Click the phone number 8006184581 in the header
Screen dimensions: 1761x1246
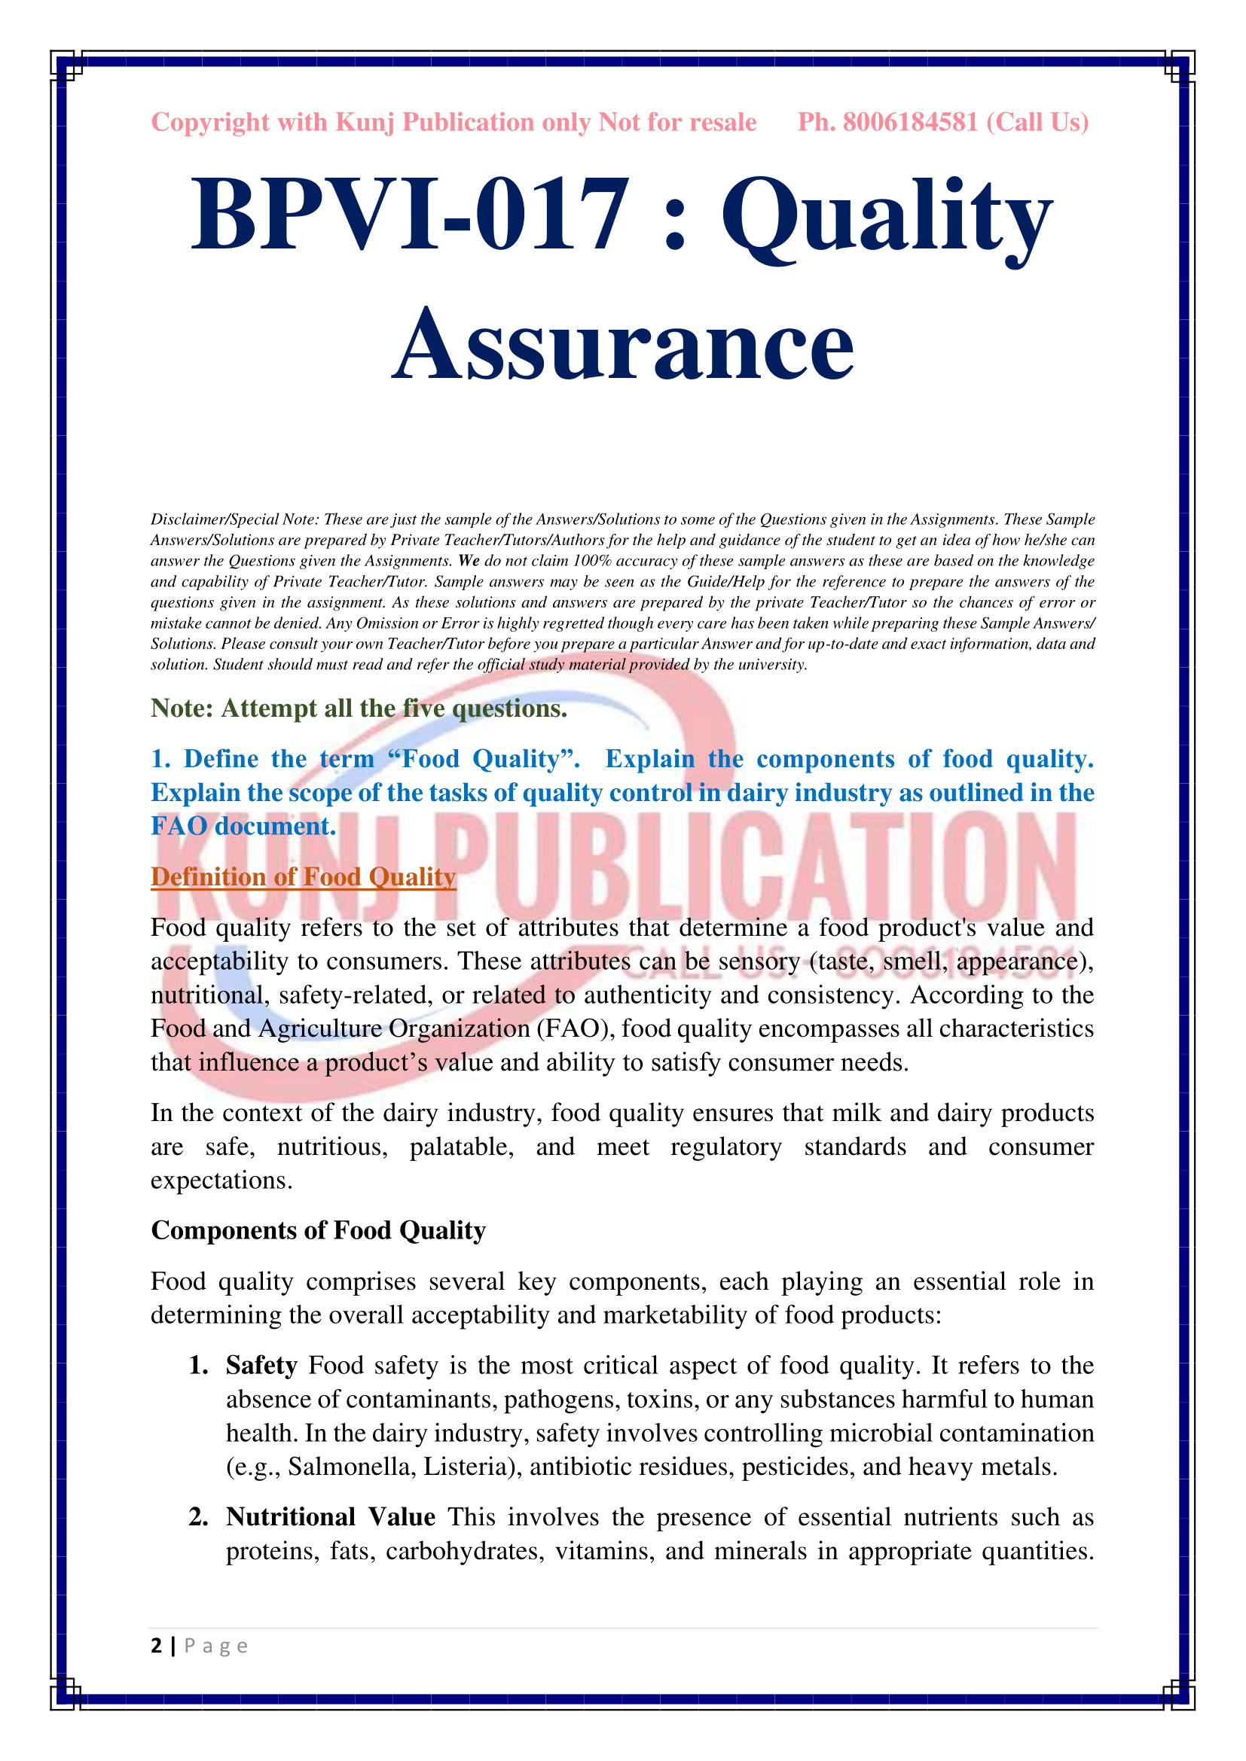[x=910, y=123]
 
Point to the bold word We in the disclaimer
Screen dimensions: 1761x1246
[x=469, y=561]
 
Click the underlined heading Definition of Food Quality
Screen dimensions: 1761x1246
[x=303, y=876]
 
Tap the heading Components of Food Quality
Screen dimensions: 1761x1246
[x=319, y=1230]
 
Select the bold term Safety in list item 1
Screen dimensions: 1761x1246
[x=261, y=1365]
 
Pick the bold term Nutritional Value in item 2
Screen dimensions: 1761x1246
[x=331, y=1517]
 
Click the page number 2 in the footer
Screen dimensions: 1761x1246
[x=157, y=1645]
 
